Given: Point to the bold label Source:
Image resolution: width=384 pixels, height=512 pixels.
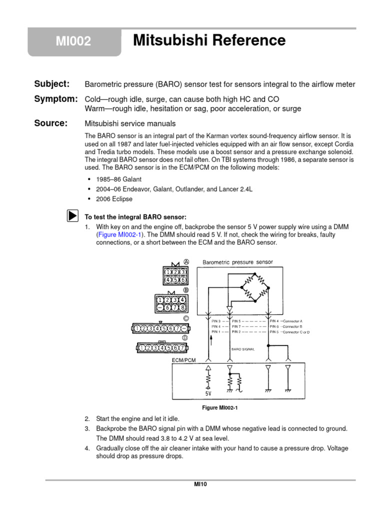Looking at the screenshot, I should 50,123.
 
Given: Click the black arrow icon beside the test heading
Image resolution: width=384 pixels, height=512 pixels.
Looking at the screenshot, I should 72,216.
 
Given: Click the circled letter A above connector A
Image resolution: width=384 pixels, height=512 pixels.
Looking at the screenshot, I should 186,261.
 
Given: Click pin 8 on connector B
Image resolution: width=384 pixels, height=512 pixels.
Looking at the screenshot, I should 183,308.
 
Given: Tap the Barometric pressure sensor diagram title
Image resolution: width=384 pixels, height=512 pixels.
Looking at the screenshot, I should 238,262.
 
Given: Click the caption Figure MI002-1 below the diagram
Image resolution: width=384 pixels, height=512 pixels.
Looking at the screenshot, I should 218,408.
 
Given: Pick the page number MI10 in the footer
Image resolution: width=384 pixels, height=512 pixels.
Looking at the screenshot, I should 200,484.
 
